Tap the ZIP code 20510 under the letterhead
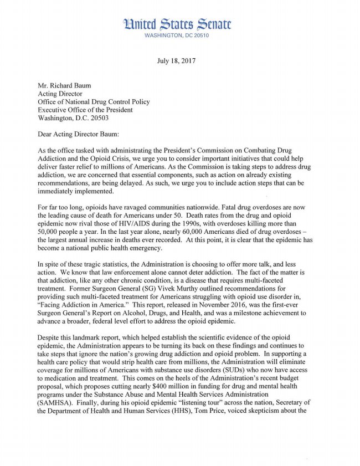tap(200, 35)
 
